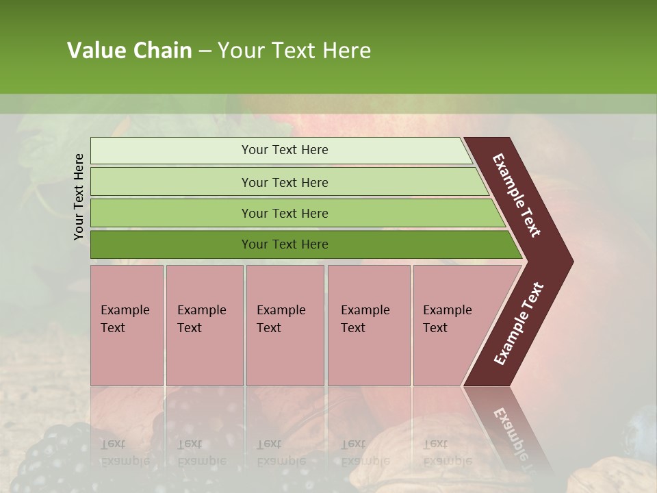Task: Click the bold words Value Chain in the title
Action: (x=129, y=51)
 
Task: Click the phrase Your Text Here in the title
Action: (x=294, y=51)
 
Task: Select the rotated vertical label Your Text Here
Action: (x=79, y=197)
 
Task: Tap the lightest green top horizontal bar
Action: (x=171, y=151)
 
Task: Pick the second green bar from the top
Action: (x=171, y=182)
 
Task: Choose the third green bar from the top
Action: (x=171, y=213)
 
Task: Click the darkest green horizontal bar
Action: (x=171, y=244)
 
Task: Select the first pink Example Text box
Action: (x=127, y=325)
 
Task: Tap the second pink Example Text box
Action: (x=204, y=325)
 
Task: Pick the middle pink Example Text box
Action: (x=285, y=325)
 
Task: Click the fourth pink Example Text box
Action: (x=369, y=325)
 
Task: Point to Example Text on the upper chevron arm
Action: (x=517, y=195)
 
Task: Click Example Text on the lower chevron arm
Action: (x=519, y=324)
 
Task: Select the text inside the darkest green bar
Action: (x=285, y=244)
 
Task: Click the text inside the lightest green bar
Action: (x=285, y=150)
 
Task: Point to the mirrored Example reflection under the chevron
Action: (x=510, y=431)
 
